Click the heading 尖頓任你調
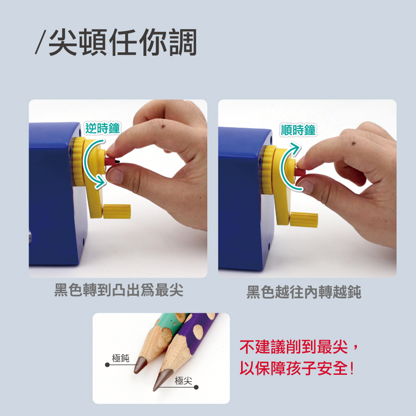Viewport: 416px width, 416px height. [x=122, y=42]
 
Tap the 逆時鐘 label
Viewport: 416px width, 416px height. [x=103, y=128]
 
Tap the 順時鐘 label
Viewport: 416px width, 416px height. [x=298, y=130]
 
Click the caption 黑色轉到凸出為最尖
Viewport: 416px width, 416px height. [x=119, y=290]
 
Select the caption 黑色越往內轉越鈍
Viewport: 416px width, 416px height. [x=304, y=292]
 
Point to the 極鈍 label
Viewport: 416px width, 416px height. [x=121, y=358]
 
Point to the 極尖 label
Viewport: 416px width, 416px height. [x=184, y=381]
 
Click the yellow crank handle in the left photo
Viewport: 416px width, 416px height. [x=117, y=211]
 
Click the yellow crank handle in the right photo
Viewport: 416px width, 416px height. [x=304, y=220]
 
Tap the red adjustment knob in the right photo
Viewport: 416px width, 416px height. [x=300, y=172]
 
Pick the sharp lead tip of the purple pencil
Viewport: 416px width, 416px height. [x=154, y=390]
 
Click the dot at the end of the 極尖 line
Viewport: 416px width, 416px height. [x=196, y=387]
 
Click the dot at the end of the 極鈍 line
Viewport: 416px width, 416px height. [x=107, y=365]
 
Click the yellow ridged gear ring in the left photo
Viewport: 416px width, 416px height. [x=79, y=162]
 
